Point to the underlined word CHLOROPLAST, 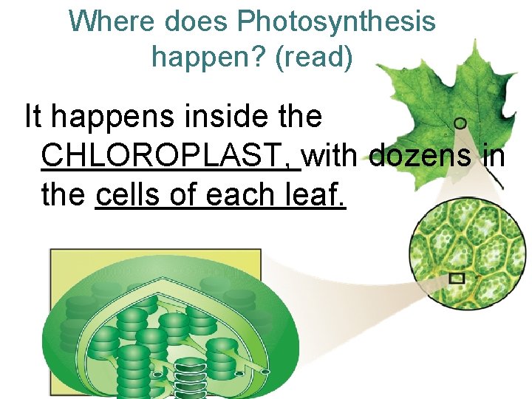[171, 156]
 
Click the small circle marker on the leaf [460, 123]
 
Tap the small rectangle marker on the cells [457, 278]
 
